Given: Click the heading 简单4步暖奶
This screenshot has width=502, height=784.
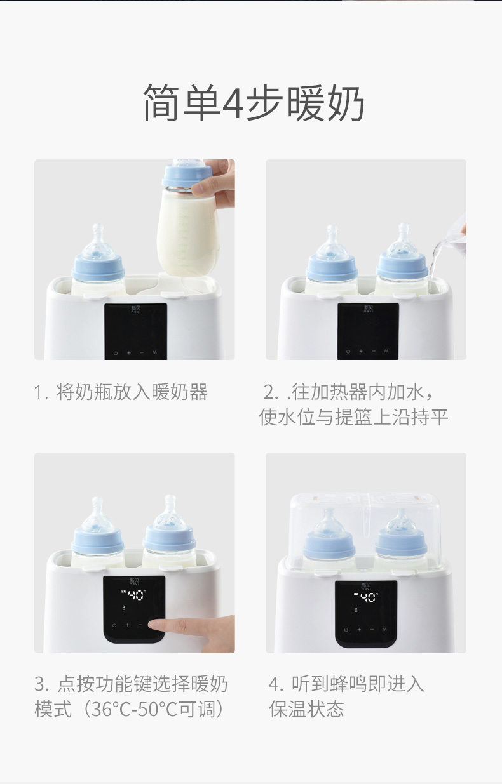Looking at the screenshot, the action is pos(254,103).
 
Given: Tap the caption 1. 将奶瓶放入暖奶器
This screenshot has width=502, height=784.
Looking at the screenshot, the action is pos(121,392).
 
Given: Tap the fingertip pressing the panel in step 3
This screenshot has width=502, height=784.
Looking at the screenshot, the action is pos(156,625).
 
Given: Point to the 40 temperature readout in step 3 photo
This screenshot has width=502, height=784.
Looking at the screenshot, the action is pos(135,595).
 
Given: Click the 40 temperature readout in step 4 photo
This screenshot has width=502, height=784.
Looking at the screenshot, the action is pos(368,597).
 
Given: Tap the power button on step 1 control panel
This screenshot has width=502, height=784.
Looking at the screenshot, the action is pos(115,353).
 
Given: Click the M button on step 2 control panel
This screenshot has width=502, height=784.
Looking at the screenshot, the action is pos(386,350).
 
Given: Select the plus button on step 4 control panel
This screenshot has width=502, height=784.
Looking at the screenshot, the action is pos(359,629).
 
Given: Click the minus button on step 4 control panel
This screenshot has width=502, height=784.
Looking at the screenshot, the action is pos(372,629).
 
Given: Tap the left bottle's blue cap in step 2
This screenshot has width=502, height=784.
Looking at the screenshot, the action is pos(332,269).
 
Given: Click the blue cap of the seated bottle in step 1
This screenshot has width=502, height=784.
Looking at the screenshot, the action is pos(98,269).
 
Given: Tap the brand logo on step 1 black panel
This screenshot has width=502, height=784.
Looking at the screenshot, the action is pos(135,309).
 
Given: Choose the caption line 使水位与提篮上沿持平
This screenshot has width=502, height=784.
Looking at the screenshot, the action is pos(353,417).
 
